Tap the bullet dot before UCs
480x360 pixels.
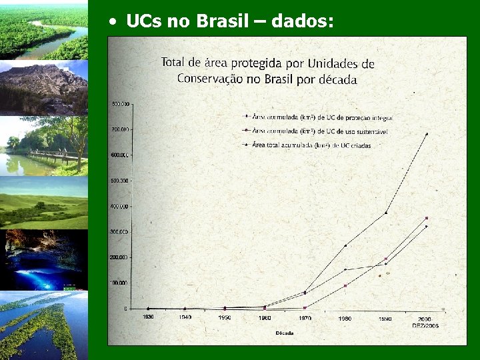pos(115,22)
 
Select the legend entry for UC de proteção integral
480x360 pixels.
pos(321,117)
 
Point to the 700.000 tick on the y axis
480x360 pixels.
pos(121,129)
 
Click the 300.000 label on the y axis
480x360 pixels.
pos(121,231)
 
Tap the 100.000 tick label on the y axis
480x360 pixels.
pos(121,283)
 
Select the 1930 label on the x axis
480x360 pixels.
pos(148,317)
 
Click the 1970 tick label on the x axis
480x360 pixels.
pos(305,319)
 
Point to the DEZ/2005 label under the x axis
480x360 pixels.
pos(425,325)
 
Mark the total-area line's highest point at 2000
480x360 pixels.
pos(426,134)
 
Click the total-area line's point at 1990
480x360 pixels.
pos(385,213)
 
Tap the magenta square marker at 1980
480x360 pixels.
pos(345,285)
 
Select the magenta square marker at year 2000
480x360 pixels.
pos(426,218)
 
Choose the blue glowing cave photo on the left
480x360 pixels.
pos(44,260)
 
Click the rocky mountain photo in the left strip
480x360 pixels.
pos(44,87)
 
